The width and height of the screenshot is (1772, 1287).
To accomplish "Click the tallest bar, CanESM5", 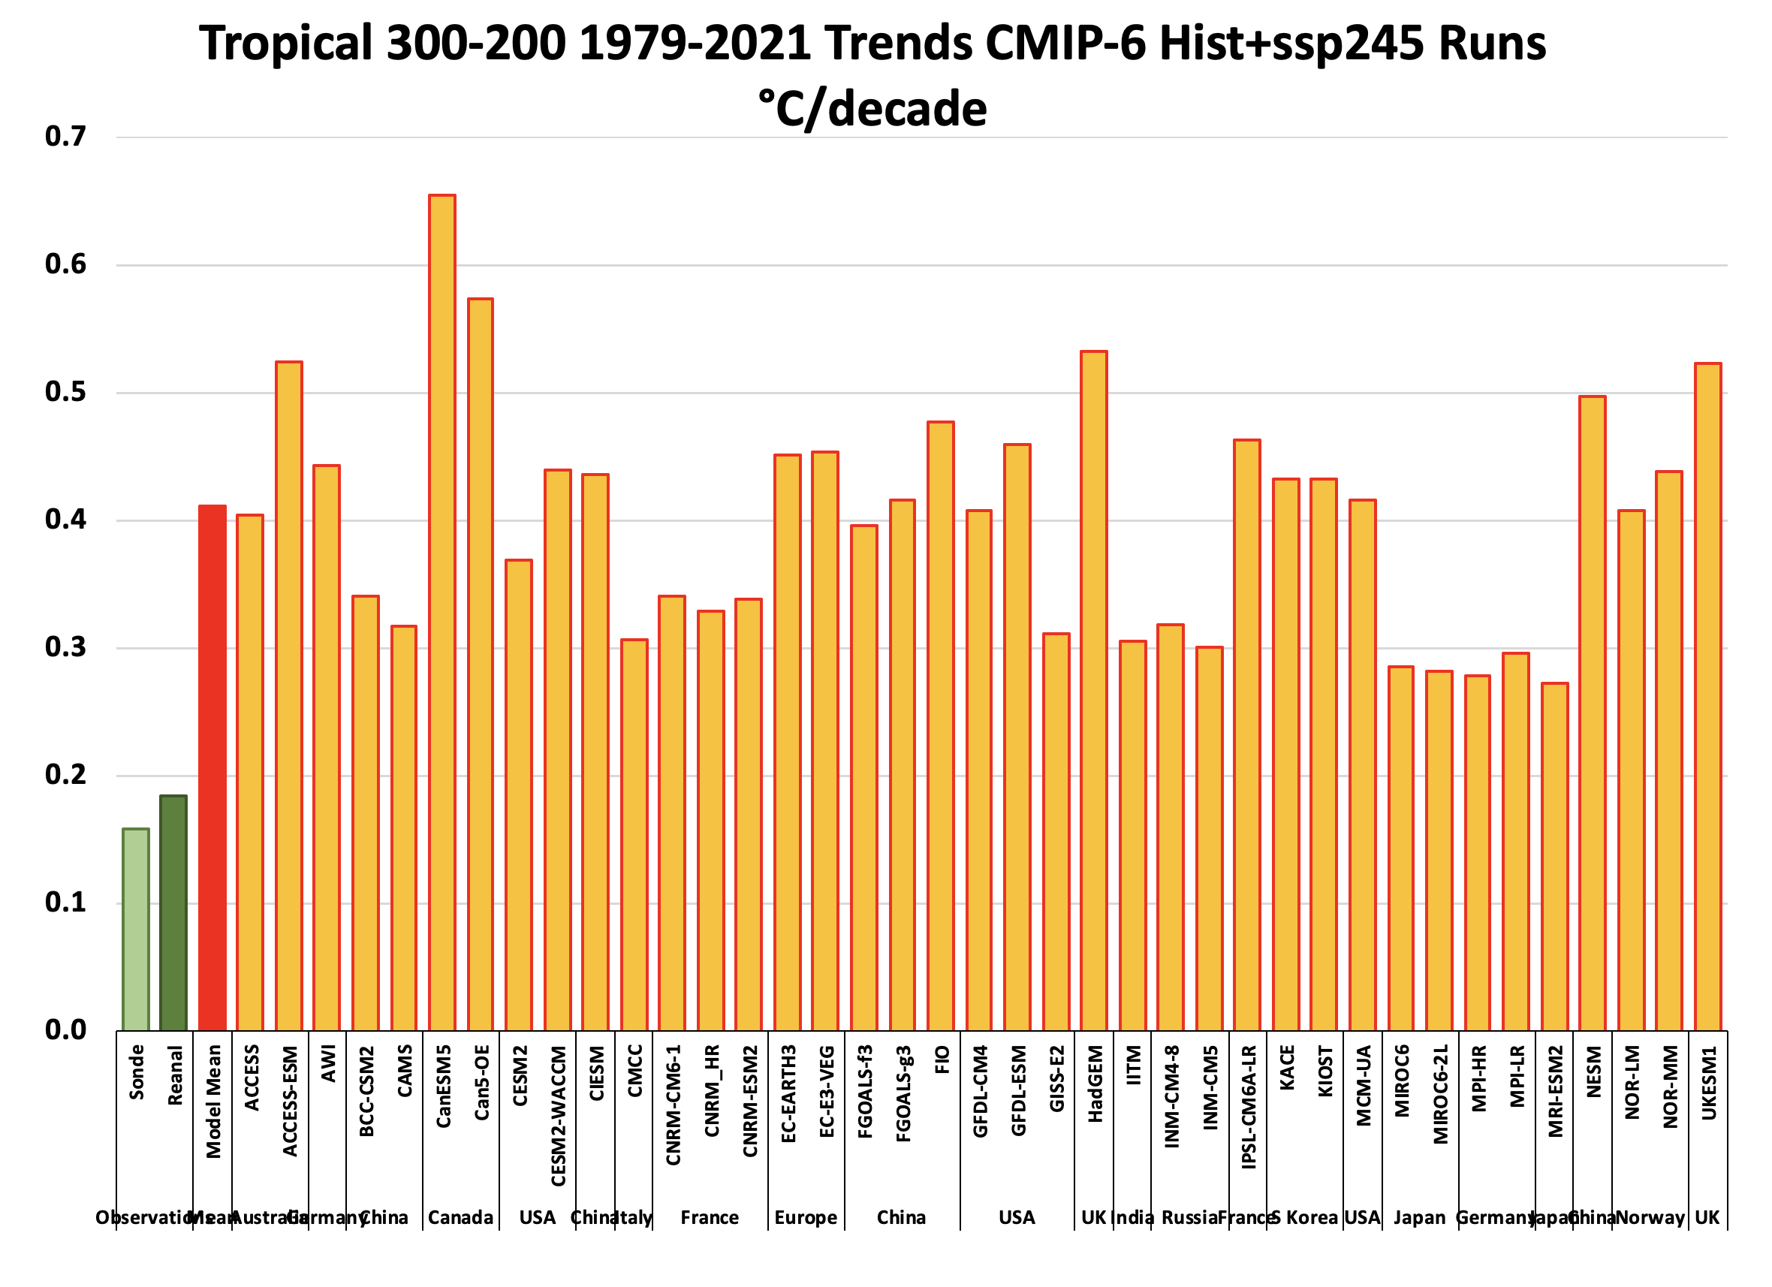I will coord(442,613).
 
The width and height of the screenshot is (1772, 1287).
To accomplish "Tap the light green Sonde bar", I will coord(136,929).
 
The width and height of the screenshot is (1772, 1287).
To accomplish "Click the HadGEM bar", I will coord(1094,691).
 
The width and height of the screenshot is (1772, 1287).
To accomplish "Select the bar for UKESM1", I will coord(1708,696).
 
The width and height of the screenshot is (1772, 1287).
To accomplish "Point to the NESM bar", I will coord(1593,713).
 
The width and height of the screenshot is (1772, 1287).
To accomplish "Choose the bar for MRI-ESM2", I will coord(1555,857).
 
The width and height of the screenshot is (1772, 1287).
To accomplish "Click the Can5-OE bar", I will coord(481,665).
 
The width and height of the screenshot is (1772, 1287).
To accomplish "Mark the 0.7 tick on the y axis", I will coord(65,137).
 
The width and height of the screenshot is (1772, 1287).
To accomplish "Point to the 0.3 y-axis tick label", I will coord(65,648).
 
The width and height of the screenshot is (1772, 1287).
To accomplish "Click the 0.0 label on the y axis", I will coord(65,1031).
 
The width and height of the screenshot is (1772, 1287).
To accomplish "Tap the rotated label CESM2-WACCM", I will coord(558,1116).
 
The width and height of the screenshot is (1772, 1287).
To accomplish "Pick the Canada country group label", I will coord(461,1218).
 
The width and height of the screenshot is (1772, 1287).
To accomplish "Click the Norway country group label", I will coord(1650,1218).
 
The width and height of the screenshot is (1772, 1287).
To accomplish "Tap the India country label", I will coord(1132,1218).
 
